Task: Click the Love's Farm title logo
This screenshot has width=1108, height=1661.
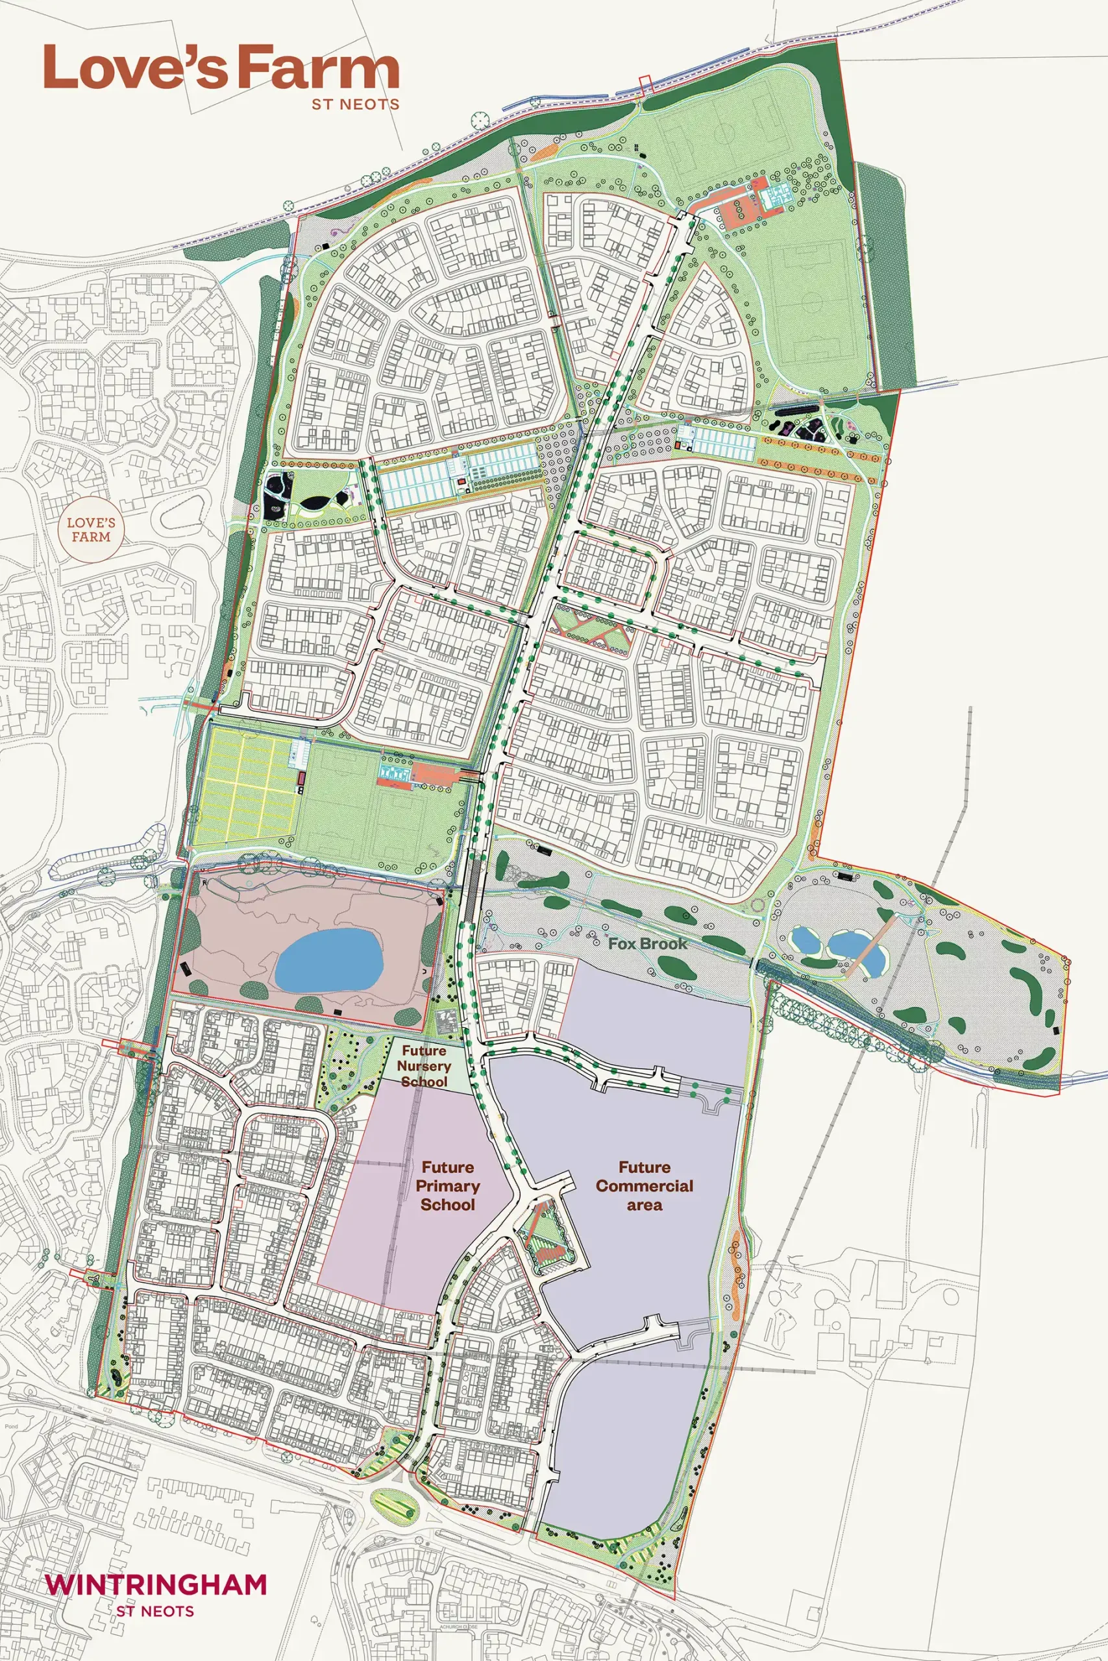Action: [x=221, y=69]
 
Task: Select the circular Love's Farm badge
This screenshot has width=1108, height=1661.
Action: [x=88, y=529]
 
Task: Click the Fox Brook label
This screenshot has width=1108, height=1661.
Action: [x=647, y=943]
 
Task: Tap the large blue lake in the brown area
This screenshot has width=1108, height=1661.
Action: [x=328, y=960]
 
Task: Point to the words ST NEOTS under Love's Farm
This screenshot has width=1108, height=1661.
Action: [x=356, y=104]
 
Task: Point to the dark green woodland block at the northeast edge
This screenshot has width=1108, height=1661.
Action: [x=878, y=275]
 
